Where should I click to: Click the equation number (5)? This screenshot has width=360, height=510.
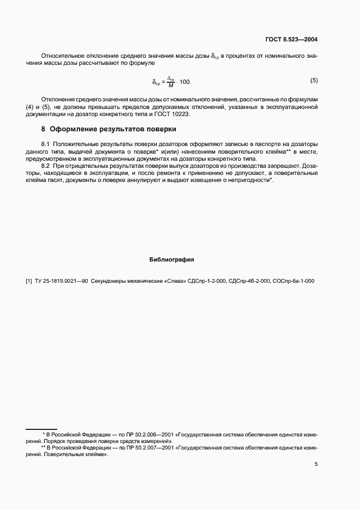[314, 81]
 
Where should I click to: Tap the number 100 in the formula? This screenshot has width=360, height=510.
[185, 82]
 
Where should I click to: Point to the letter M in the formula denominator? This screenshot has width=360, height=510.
[170, 86]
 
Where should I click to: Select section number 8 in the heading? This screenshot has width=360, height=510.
[43, 130]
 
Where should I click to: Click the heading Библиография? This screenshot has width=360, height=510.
[172, 259]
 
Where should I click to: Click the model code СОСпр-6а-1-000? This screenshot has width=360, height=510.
[292, 281]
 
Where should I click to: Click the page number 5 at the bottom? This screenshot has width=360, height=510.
[316, 464]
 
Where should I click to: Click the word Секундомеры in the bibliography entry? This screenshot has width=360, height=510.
[108, 281]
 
